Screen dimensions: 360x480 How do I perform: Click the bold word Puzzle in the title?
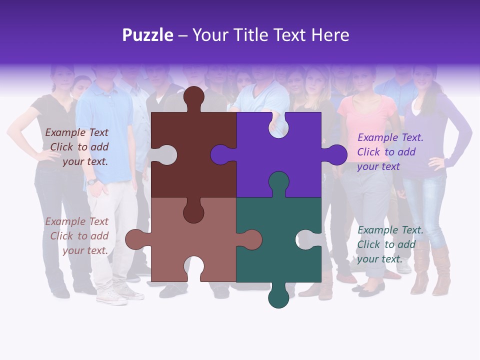pos(147,35)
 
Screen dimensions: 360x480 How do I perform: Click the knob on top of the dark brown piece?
pos(193,97)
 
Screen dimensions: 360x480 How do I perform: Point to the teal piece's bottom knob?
pos(278,298)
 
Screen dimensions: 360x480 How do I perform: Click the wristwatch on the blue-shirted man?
pos(91,181)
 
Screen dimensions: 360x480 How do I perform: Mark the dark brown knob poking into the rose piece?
pos(193,212)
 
